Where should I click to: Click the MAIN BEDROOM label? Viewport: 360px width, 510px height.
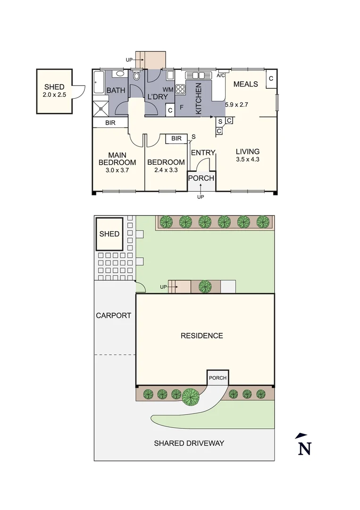tap(117, 159)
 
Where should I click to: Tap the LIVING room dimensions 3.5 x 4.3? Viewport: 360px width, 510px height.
tap(248, 160)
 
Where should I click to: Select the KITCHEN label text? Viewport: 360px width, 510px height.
tap(199, 98)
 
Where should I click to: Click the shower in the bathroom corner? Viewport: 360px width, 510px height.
tap(100, 109)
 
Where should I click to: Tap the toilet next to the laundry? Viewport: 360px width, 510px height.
tap(137, 76)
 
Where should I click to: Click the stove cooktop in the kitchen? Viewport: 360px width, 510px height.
tap(180, 88)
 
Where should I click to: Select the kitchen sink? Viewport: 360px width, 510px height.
tap(199, 75)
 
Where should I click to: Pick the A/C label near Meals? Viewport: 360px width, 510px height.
tap(220, 76)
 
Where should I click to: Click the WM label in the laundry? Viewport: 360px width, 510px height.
tap(167, 89)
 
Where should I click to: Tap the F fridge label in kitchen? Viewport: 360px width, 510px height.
tap(182, 107)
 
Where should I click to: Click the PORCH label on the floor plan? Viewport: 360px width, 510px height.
tap(201, 178)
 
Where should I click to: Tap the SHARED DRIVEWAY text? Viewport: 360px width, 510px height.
tap(189, 443)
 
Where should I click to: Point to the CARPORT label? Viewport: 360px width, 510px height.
tap(113, 315)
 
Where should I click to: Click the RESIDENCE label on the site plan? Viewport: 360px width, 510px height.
tap(202, 336)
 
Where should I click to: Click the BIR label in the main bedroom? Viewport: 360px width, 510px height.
tap(110, 123)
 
